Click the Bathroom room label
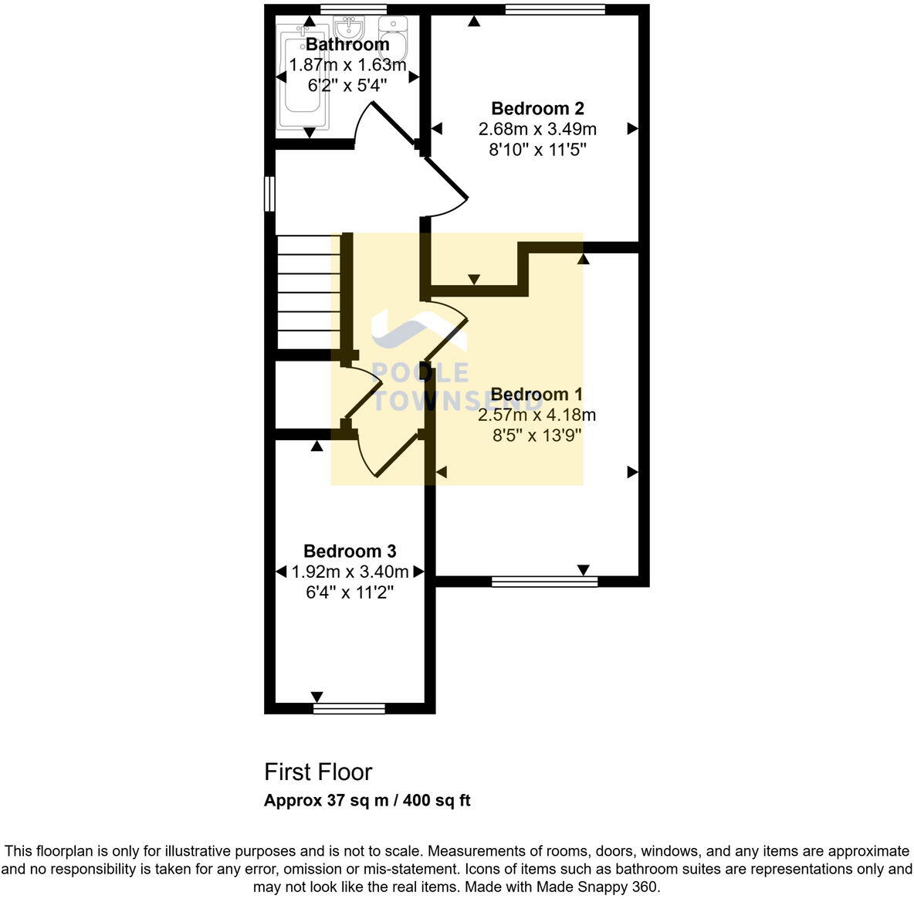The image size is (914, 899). point(347,45)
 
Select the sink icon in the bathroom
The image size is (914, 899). point(352,30)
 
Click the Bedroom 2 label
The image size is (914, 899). point(537,108)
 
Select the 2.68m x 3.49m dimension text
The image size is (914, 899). point(537,129)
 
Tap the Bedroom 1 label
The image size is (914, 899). point(537,395)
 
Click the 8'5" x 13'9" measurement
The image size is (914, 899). point(537,436)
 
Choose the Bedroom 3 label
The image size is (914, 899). point(350,551)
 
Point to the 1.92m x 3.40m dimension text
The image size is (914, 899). point(350,572)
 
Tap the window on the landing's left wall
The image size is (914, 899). point(269,194)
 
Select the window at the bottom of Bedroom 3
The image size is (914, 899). point(349,707)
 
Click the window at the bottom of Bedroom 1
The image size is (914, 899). point(544,581)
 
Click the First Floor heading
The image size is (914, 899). point(318,772)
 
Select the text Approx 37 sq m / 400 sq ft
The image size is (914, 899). point(367,800)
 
